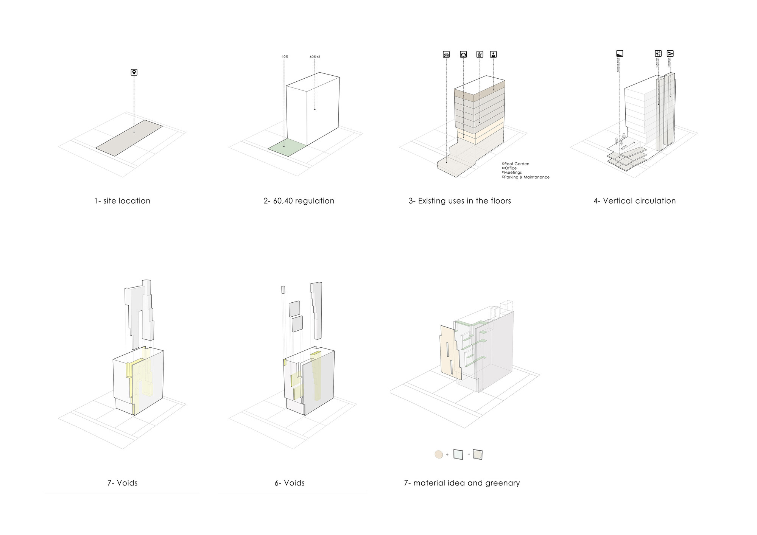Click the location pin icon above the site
coord(134,72)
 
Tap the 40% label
coord(285,57)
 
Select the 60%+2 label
coord(315,57)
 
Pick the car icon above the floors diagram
coord(446,54)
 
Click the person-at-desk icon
coord(480,54)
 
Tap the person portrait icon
coord(493,54)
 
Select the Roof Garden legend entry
coord(516,164)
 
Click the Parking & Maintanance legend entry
coord(526,177)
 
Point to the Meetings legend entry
coord(512,173)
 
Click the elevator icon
coord(658,54)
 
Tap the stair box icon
coord(670,54)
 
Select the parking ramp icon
coord(620,54)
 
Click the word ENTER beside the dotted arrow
coord(624,146)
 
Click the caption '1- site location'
coord(122,201)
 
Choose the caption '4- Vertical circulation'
coord(634,201)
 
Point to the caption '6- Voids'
coord(290,483)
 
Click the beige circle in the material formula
coord(439,454)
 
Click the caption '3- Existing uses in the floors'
coord(459,201)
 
